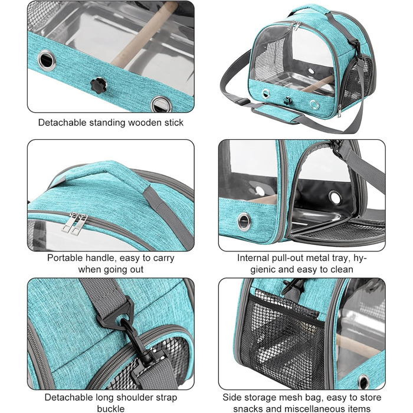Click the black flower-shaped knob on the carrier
tap(99, 85)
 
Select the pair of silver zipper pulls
tap(74, 224)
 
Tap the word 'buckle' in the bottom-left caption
tap(111, 408)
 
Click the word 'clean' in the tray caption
tap(340, 270)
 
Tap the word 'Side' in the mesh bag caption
tap(231, 397)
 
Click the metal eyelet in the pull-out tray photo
tap(244, 222)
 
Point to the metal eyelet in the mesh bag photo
tap(363, 381)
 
